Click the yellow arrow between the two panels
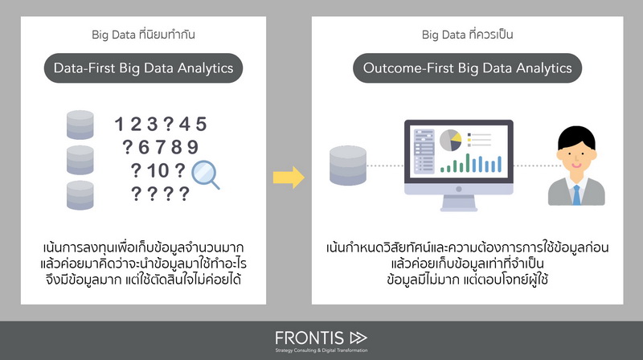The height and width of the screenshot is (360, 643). point(289,177)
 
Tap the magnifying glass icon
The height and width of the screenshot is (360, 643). point(205,174)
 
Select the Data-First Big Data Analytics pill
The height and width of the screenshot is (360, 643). point(144,68)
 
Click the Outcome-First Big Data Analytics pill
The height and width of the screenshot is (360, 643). point(468,68)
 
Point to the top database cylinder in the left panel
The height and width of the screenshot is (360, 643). point(80,125)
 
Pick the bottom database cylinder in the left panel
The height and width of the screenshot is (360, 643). point(80,195)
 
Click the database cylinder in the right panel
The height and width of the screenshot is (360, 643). point(348,166)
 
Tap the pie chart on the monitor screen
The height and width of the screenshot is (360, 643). point(450,141)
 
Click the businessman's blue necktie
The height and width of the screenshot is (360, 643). point(576,195)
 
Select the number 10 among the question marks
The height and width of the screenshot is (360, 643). point(158,170)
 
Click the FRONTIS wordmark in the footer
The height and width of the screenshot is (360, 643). point(309,338)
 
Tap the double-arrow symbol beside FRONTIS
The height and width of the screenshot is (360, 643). point(358,337)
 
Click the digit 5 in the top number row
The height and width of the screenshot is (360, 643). point(201,124)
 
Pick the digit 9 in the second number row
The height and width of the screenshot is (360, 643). point(193,147)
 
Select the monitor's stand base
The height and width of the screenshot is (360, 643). point(458,207)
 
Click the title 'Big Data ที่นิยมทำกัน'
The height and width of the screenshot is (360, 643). point(143,34)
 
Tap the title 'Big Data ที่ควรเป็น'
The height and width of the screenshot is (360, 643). point(468,34)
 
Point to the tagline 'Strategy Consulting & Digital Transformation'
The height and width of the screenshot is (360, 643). point(321,350)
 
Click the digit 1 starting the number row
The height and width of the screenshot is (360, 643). point(119,124)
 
